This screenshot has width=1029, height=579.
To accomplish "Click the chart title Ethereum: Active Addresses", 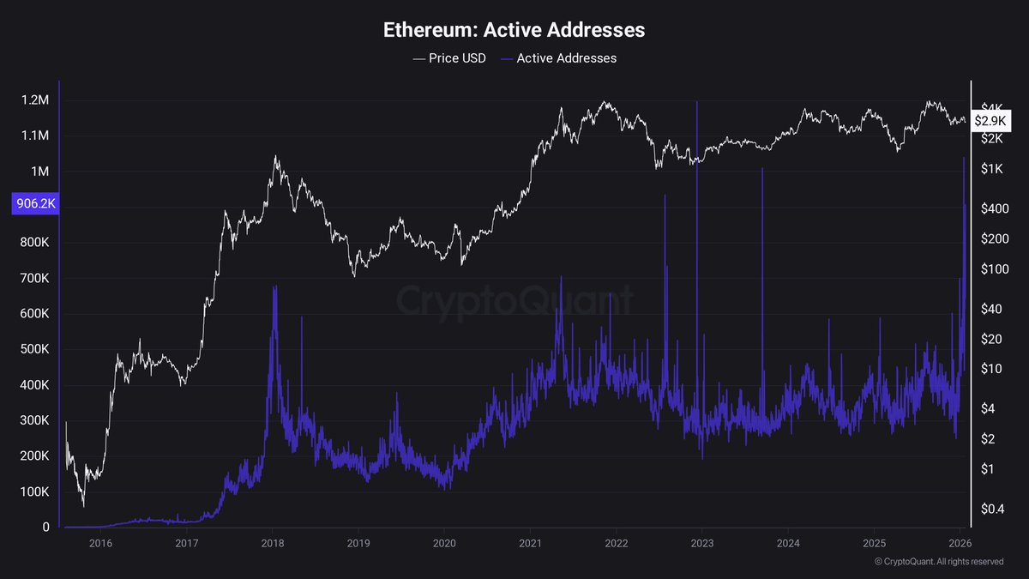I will pos(514,30).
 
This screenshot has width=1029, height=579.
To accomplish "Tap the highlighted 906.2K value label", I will pos(33,205).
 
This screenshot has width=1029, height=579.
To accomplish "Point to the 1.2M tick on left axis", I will pos(35,100).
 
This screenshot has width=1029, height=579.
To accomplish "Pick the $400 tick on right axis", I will pos(992,208).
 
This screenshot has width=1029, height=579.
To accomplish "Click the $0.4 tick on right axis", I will pos(992,510).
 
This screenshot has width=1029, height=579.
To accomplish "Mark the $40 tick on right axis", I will pos(992,309).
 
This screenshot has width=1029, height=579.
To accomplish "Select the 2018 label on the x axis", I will pos(273,543).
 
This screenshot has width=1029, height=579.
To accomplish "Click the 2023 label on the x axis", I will pos(701,543).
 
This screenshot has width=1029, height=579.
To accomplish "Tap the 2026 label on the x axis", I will pos(960,543).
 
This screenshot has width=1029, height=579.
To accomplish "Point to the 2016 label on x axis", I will pos(100,543).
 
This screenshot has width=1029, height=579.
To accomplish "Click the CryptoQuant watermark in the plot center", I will pos(514,301).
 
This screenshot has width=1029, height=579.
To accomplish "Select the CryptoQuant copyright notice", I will pos(939,562).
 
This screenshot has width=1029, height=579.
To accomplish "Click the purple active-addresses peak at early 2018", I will pos(274,288).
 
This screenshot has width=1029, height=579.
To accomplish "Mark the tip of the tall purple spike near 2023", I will pos(697,103).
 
